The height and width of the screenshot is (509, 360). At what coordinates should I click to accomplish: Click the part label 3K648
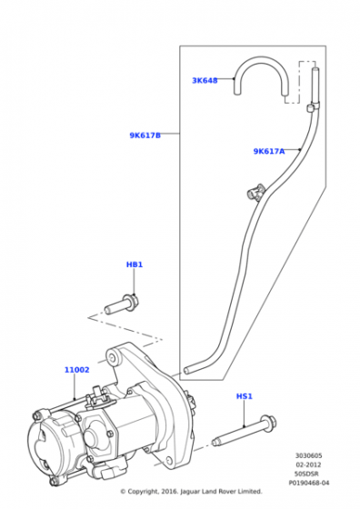(205, 81)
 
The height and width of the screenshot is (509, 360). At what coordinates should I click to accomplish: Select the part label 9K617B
(145, 135)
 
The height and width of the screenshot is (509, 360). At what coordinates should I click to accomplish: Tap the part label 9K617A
(269, 151)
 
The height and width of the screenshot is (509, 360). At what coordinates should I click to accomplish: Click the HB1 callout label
(135, 264)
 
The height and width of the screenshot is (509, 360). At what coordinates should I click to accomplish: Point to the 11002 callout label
(77, 370)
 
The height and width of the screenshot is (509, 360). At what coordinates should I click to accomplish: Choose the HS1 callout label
(245, 396)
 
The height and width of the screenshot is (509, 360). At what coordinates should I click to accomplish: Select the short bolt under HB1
(122, 304)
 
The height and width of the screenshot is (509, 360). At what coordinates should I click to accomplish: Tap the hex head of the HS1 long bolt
(269, 424)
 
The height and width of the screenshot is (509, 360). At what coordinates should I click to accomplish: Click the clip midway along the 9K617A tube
(255, 192)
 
